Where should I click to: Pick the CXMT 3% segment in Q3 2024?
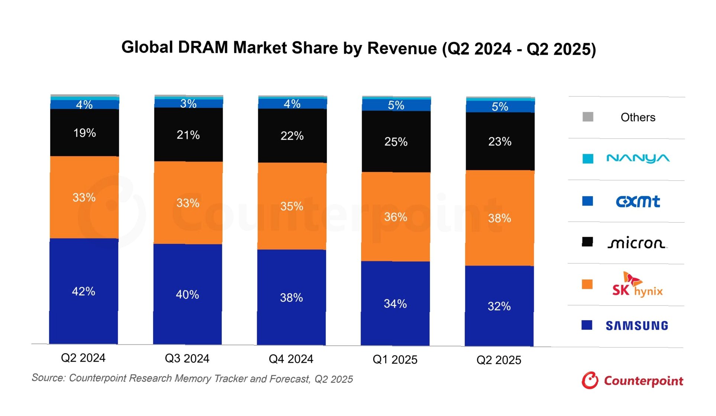point(188,104)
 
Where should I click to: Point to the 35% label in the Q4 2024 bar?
point(292,206)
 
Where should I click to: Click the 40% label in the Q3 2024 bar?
point(187,295)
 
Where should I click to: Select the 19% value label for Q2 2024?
point(84,133)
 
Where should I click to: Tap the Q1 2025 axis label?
point(395,359)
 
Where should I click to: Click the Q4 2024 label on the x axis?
point(291,359)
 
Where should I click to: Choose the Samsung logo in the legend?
point(637,326)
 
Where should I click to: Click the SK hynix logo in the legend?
point(637,285)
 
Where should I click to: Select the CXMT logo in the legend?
point(638,201)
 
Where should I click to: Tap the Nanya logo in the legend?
point(638,159)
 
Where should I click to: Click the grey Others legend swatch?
point(588,117)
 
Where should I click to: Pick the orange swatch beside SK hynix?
point(587,285)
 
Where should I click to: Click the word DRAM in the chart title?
point(203,48)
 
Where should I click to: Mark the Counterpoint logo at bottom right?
point(632,381)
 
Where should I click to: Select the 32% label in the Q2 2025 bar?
point(499,307)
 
